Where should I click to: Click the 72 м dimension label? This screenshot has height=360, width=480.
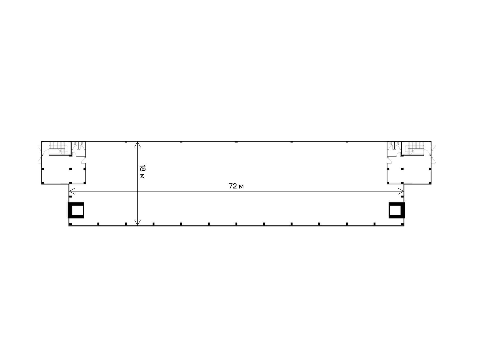tap(236, 186)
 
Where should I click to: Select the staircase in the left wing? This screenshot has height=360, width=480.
tap(58, 148)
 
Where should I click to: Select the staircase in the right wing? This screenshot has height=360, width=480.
tap(414, 148)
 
